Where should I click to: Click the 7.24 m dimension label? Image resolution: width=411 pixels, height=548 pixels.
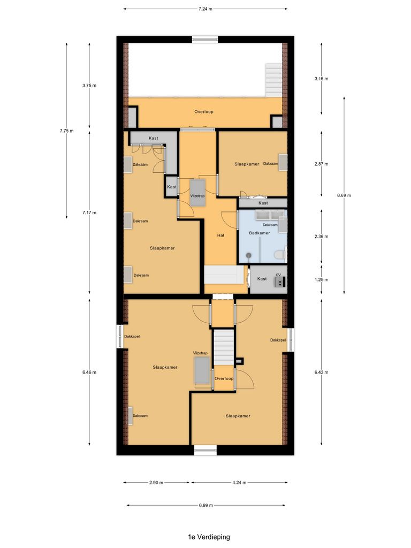pos(205,9)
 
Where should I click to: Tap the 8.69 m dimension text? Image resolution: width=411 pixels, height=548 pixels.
pos(344,195)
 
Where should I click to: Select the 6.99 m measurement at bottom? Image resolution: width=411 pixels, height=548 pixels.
pos(206,505)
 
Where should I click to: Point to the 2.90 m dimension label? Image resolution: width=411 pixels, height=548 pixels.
pos(156,483)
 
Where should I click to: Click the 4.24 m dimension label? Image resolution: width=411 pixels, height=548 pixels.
pos(239,483)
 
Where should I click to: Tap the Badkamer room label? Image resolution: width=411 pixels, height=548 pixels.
pos(260,233)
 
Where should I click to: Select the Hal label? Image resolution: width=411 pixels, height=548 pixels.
pos(220,235)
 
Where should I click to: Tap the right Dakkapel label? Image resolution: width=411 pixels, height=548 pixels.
pos(278,340)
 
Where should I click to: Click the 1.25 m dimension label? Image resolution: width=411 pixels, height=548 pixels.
pos(322,279)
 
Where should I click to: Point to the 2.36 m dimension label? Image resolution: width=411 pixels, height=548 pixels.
pos(322,237)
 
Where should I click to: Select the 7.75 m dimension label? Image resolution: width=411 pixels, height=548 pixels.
pos(66,131)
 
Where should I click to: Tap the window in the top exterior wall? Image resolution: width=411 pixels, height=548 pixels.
pos(205,39)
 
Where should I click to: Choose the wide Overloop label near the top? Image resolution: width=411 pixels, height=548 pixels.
pos(203,112)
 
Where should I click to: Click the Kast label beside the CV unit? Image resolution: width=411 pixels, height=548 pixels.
pos(262,279)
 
